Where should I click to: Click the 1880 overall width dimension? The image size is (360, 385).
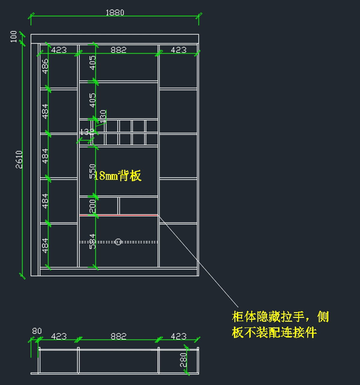pyautogui.click(x=115, y=13)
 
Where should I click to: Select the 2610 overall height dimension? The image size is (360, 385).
pyautogui.click(x=19, y=159)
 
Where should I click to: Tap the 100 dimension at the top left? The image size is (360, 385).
pyautogui.click(x=14, y=36)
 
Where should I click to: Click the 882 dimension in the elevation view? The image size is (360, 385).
pyautogui.click(x=118, y=50)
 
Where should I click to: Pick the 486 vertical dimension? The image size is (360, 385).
pyautogui.click(x=45, y=66)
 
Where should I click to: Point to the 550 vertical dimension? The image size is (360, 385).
pyautogui.click(x=92, y=171)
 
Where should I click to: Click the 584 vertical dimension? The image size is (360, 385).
pyautogui.click(x=92, y=241)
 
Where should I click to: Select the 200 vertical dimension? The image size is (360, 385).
pyautogui.click(x=92, y=206)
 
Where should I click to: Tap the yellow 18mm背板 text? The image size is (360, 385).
pyautogui.click(x=118, y=176)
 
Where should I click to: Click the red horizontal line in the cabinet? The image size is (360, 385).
pyautogui.click(x=118, y=215)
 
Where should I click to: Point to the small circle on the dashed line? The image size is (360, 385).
pyautogui.click(x=118, y=242)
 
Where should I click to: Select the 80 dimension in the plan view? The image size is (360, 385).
pyautogui.click(x=37, y=331)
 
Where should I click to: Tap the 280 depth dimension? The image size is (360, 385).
pyautogui.click(x=183, y=360)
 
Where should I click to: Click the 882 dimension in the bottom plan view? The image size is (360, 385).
pyautogui.click(x=118, y=336)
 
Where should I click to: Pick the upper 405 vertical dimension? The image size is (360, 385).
pyautogui.click(x=93, y=63)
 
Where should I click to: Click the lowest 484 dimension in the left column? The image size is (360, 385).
pyautogui.click(x=45, y=245)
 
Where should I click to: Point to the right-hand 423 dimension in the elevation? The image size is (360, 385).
pyautogui.click(x=178, y=50)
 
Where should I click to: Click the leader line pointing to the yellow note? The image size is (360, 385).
pyautogui.click(x=198, y=261)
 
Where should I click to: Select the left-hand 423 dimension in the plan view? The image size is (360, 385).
pyautogui.click(x=59, y=336)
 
